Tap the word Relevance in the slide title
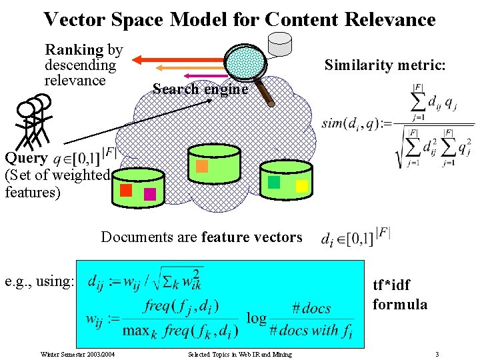click(389, 19)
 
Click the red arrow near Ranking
click(177, 59)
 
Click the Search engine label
click(200, 89)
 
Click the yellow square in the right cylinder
click(301, 186)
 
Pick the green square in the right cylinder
click(273, 182)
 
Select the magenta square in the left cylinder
click(150, 194)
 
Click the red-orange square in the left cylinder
click(126, 190)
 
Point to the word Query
click(26, 158)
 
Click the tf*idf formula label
click(400, 295)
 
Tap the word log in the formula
click(257, 317)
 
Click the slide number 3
click(437, 354)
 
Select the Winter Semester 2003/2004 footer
click(77, 354)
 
